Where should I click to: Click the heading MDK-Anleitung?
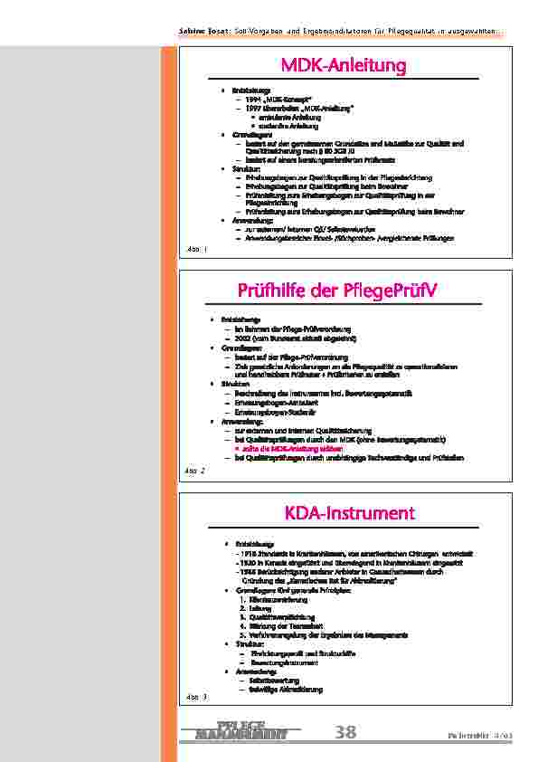344,65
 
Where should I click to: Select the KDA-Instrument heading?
349,513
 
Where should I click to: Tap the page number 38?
345,732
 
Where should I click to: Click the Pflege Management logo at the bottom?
241,730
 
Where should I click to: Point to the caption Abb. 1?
196,248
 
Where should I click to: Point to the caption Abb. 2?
196,471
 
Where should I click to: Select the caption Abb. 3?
196,697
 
